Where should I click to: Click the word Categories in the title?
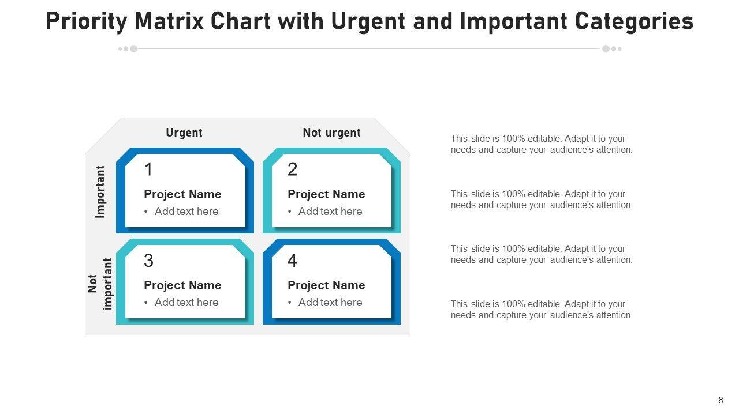634,22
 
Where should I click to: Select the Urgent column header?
184,133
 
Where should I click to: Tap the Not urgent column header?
331,133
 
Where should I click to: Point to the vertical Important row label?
100,192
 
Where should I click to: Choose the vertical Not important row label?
100,284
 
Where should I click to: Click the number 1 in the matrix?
148,169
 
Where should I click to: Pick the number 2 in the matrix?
292,169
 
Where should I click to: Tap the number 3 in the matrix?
148,261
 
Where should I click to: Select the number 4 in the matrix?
292,261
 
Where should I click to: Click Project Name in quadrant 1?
182,194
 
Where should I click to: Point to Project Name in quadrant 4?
326,285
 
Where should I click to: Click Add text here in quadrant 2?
330,212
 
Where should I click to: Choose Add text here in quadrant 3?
186,303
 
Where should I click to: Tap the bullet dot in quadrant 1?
146,212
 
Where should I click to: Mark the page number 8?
721,400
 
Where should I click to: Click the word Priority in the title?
87,22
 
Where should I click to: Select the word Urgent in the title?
368,22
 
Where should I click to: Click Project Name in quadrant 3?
182,285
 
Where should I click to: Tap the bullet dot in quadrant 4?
290,303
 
